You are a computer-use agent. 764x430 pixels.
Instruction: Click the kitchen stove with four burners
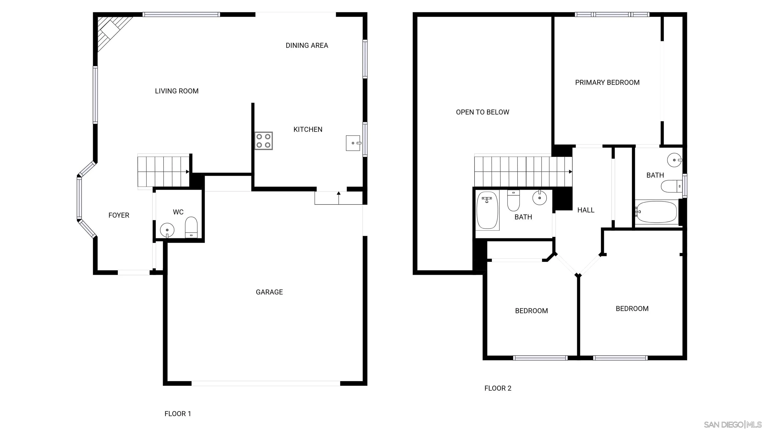(x=263, y=141)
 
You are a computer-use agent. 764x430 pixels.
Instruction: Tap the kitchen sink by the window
(x=353, y=143)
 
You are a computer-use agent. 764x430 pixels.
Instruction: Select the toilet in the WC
(x=191, y=227)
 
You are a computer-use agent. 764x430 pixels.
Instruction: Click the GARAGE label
(x=269, y=292)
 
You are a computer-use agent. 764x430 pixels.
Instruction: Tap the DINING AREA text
(x=307, y=45)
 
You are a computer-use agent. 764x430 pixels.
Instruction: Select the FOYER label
(x=119, y=215)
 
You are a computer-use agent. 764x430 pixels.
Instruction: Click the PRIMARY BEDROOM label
(x=607, y=83)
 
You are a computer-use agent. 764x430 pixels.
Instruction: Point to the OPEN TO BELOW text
(x=482, y=112)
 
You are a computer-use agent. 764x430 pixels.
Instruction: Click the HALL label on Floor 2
(x=585, y=210)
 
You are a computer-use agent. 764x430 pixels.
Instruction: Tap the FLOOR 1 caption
(x=178, y=413)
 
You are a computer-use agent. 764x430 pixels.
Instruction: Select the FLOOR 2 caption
(x=498, y=388)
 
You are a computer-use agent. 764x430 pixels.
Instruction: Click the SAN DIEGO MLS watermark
(x=733, y=424)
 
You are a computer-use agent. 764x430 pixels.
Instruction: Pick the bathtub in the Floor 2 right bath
(x=656, y=212)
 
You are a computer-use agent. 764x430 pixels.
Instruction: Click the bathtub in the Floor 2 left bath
(x=487, y=210)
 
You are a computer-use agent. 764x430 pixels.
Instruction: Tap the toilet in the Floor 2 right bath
(x=671, y=186)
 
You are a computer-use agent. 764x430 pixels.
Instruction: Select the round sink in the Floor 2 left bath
(x=539, y=198)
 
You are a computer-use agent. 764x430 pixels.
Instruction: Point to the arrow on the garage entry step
(x=339, y=194)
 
